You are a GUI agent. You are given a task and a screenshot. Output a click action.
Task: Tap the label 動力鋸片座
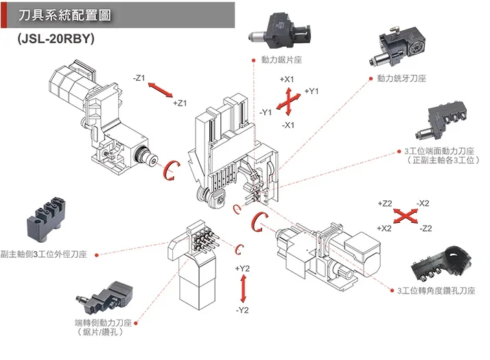pyautogui.click(x=281, y=60)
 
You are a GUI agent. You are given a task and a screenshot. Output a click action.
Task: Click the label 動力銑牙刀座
pyautogui.click(x=402, y=79)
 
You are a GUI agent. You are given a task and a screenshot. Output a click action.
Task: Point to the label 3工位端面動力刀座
pyautogui.click(x=439, y=151)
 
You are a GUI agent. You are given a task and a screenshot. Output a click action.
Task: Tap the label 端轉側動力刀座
pyautogui.click(x=102, y=323)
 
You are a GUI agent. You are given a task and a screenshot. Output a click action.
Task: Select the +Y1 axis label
pyautogui.click(x=312, y=91)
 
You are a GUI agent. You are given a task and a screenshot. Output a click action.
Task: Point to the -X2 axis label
pyautogui.click(x=423, y=204)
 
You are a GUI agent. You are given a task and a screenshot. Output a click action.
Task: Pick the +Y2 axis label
pyautogui.click(x=242, y=268)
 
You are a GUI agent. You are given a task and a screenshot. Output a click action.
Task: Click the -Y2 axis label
pyautogui.click(x=242, y=311)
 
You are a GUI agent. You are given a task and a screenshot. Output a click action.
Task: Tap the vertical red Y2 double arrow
pyautogui.click(x=242, y=289)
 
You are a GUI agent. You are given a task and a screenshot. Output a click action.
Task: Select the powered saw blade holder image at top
pyautogui.click(x=282, y=27)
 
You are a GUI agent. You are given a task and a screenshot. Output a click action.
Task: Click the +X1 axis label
pyautogui.click(x=288, y=80)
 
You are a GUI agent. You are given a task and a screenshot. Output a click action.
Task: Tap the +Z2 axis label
pyautogui.click(x=384, y=204)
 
